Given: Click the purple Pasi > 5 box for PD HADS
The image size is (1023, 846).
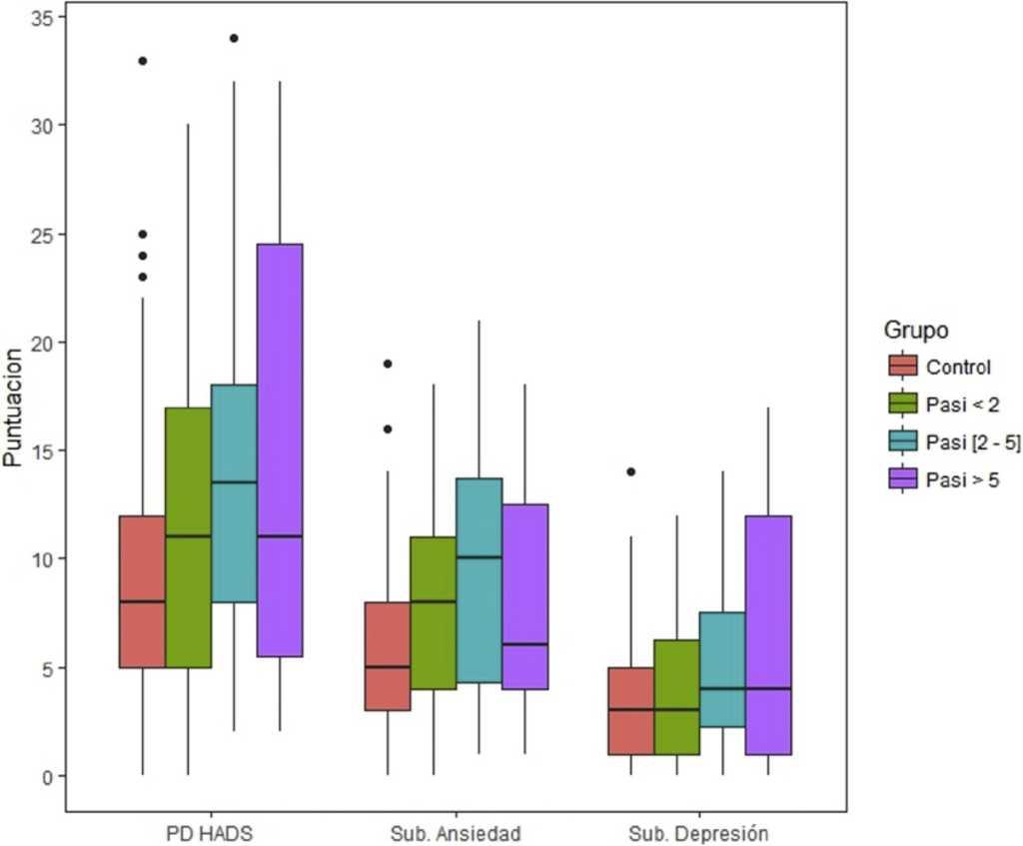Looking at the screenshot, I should click(279, 449).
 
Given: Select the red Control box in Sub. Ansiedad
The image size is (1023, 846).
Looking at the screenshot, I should click(388, 656).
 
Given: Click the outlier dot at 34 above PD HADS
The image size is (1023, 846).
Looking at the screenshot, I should click(234, 38).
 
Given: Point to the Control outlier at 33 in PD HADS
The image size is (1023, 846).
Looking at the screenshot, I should click(143, 61).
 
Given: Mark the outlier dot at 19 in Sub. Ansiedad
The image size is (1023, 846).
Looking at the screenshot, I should click(388, 364).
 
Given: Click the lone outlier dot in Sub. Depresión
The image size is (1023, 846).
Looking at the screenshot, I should click(630, 471).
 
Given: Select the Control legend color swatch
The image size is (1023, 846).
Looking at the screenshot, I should click(902, 367).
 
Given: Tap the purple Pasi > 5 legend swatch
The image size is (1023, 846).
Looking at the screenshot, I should click(902, 480).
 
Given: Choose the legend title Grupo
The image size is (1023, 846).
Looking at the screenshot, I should click(916, 330).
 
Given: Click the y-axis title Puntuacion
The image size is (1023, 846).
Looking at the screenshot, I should click(13, 407).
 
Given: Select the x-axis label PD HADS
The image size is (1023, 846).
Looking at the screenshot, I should click(210, 832).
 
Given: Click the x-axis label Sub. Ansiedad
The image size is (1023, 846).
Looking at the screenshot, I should click(456, 832).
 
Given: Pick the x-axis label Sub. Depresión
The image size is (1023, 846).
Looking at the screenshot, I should click(699, 832).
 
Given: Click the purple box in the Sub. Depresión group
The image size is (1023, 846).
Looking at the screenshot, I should click(768, 634).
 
